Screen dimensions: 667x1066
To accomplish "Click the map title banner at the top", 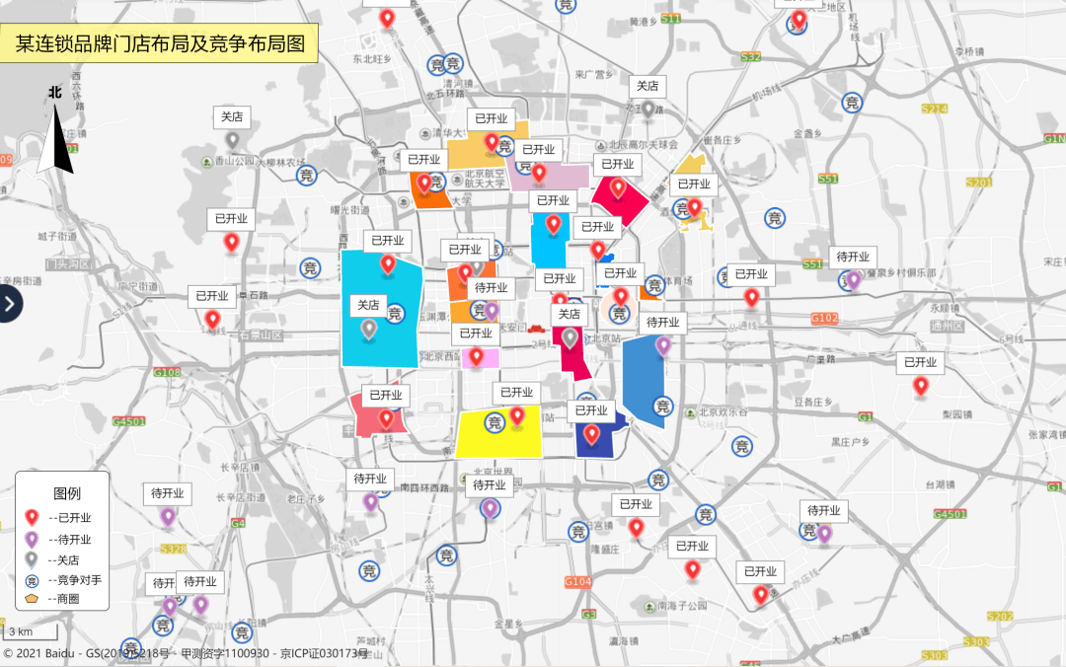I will [x=159, y=43].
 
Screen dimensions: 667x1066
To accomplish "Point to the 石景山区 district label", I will [x=260, y=335].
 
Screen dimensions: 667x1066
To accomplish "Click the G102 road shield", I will [x=823, y=319].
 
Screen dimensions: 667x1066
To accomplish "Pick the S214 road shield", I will [x=934, y=109].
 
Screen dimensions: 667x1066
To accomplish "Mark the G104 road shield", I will [x=577, y=582].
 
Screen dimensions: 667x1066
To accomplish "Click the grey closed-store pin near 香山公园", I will [x=232, y=141].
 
